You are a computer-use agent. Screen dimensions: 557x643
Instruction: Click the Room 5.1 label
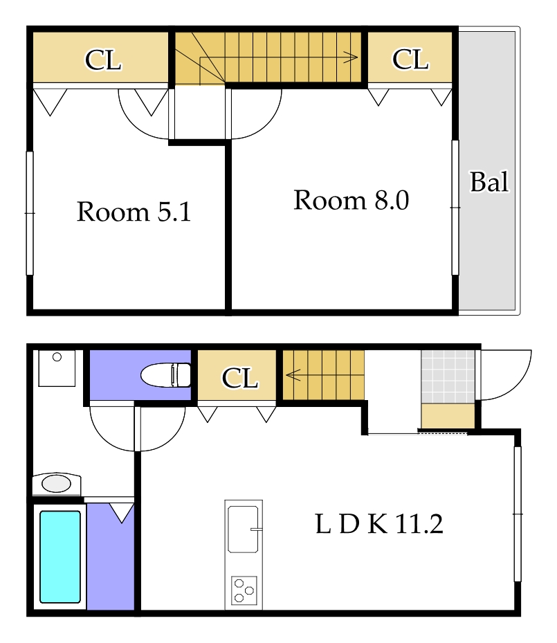click(x=134, y=212)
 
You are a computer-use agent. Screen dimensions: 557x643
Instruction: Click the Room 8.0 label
click(x=351, y=200)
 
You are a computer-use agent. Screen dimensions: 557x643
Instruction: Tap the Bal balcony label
click(x=489, y=181)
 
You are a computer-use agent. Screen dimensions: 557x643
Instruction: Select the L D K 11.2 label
click(x=379, y=524)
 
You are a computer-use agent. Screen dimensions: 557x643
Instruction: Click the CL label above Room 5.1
click(x=103, y=60)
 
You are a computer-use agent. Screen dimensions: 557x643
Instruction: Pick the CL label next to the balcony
click(x=410, y=60)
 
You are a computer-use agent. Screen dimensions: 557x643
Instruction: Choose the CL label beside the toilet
click(x=240, y=378)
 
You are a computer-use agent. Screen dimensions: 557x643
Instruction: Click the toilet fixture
click(x=166, y=375)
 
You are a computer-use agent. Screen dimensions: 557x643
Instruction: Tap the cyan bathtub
click(x=60, y=556)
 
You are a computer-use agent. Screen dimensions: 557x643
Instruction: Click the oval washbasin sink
click(x=57, y=484)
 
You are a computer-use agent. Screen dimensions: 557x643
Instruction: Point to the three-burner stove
click(x=244, y=590)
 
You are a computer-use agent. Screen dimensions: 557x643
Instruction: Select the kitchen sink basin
click(x=243, y=529)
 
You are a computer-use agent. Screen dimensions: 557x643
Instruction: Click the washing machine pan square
click(x=57, y=368)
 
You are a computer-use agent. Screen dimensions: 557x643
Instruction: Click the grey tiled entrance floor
click(x=448, y=377)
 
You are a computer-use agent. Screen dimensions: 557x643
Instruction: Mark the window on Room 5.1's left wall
click(x=30, y=212)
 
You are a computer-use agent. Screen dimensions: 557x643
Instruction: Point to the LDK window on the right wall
click(x=518, y=514)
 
